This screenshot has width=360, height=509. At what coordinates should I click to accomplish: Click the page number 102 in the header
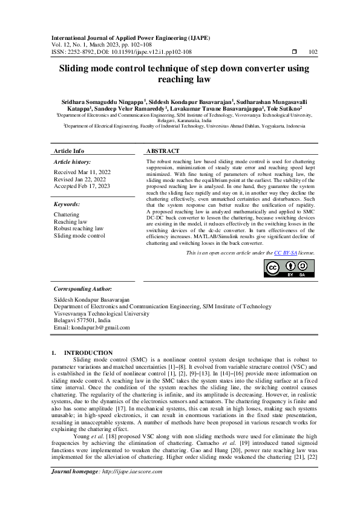(x=313, y=52)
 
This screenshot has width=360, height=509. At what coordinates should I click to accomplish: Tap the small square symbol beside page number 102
(x=294, y=52)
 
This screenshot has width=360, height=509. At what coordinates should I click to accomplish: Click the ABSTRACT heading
(x=163, y=151)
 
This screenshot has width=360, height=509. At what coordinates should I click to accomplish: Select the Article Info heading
(x=69, y=151)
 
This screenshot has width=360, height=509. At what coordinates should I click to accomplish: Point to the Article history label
(x=73, y=163)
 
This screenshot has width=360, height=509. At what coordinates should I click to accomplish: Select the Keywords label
(x=67, y=205)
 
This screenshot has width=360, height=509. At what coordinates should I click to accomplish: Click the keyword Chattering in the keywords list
(x=67, y=215)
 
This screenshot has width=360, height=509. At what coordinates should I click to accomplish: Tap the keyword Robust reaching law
(x=79, y=229)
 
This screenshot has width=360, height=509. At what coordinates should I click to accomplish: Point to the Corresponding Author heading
(x=82, y=290)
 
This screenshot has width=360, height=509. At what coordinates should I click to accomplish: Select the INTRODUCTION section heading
(x=88, y=352)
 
